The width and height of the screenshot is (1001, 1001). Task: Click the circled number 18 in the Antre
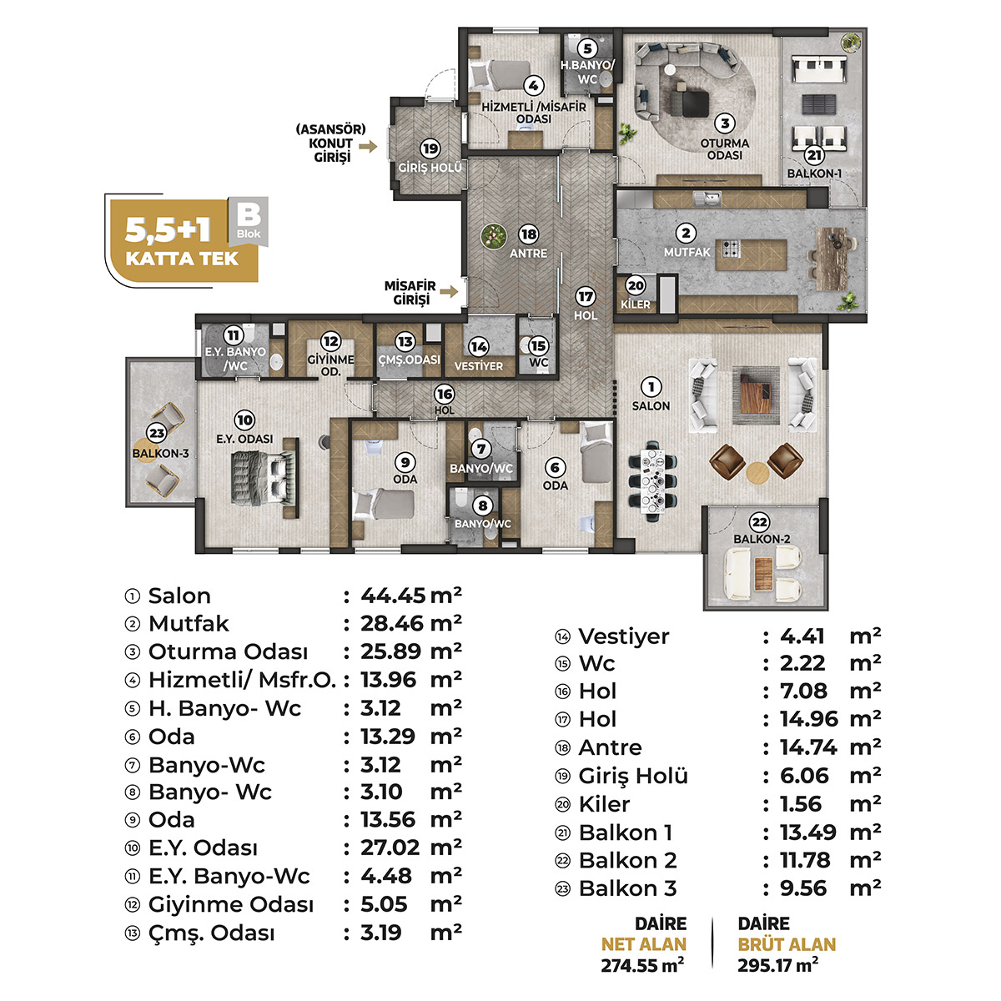point(528,234)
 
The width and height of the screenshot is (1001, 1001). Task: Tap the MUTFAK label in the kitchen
point(687,253)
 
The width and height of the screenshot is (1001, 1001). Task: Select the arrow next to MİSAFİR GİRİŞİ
point(449,291)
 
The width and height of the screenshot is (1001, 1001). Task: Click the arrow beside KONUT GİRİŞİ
point(368,147)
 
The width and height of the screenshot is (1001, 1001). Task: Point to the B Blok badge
point(249,221)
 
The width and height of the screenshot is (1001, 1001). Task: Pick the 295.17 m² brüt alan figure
point(777,965)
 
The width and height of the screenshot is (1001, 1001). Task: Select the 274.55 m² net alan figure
point(642,965)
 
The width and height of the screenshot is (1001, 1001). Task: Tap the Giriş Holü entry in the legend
point(632,776)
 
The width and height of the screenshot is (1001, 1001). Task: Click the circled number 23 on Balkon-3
point(156,432)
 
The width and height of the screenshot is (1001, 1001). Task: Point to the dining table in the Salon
point(652,481)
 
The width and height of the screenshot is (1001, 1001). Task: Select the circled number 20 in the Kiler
point(636,285)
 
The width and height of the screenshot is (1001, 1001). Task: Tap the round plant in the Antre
point(493,236)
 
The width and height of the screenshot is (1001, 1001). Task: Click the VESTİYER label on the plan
point(479,366)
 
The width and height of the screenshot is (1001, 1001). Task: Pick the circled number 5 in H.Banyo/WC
point(587,49)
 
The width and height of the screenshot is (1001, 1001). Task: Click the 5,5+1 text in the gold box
point(168,229)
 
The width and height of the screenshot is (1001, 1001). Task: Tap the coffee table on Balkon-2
point(763,571)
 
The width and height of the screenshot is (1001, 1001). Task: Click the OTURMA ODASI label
point(725,149)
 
